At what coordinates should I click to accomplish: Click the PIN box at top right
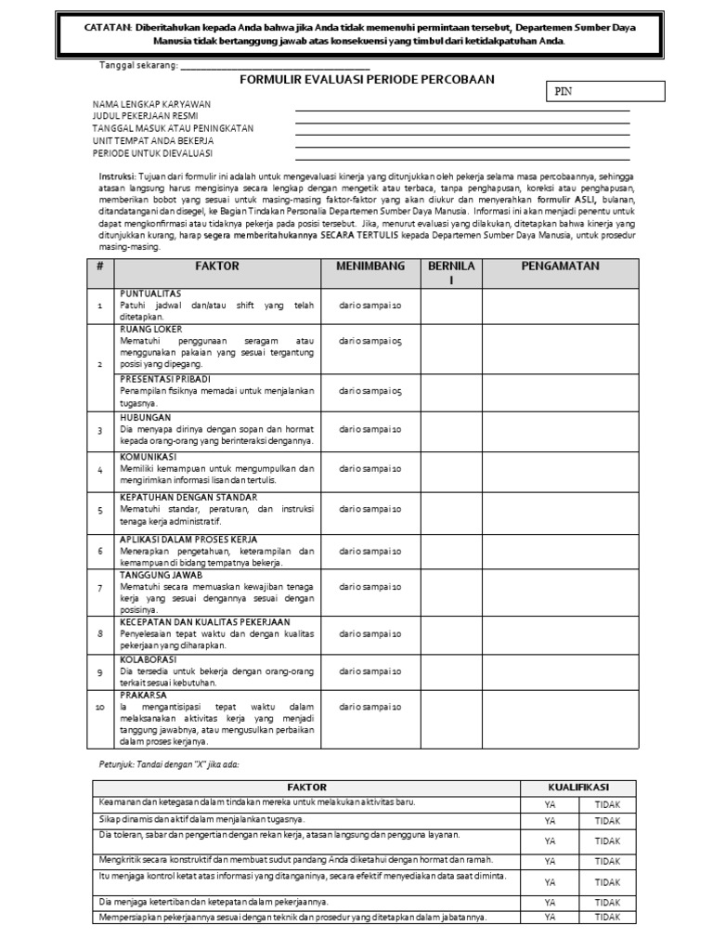(x=603, y=91)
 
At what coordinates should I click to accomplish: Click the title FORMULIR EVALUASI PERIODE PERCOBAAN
(x=367, y=80)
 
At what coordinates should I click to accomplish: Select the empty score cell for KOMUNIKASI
(x=450, y=470)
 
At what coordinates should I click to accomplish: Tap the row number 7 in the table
(x=99, y=589)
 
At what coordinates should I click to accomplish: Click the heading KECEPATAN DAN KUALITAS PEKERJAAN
(x=204, y=621)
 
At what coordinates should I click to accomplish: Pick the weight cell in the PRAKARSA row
(x=369, y=707)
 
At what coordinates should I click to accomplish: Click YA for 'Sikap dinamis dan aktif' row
(x=551, y=821)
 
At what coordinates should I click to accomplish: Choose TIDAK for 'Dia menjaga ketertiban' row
(x=607, y=902)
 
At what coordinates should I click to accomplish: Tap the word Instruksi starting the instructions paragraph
(x=117, y=176)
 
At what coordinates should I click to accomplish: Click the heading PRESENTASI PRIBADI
(x=164, y=379)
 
